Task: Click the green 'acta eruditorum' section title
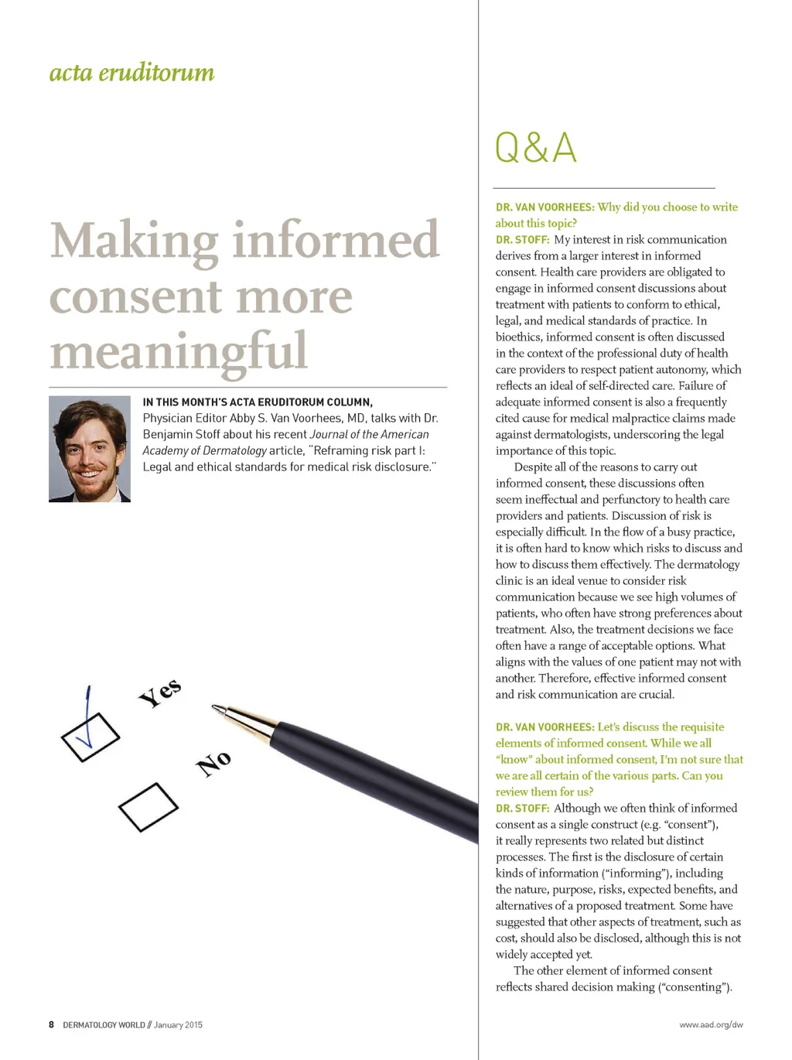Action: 131,73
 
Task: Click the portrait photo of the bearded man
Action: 90,449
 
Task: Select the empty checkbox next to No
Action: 148,807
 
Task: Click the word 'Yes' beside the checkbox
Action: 160,692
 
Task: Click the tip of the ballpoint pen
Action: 215,706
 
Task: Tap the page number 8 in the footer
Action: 52,1024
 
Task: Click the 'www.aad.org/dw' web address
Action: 711,1024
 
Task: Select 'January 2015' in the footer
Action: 178,1024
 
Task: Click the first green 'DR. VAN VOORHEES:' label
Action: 544,207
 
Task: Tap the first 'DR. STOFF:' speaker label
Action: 522,240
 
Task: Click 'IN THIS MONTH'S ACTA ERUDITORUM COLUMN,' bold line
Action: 258,402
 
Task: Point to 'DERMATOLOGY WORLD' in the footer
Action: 104,1024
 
